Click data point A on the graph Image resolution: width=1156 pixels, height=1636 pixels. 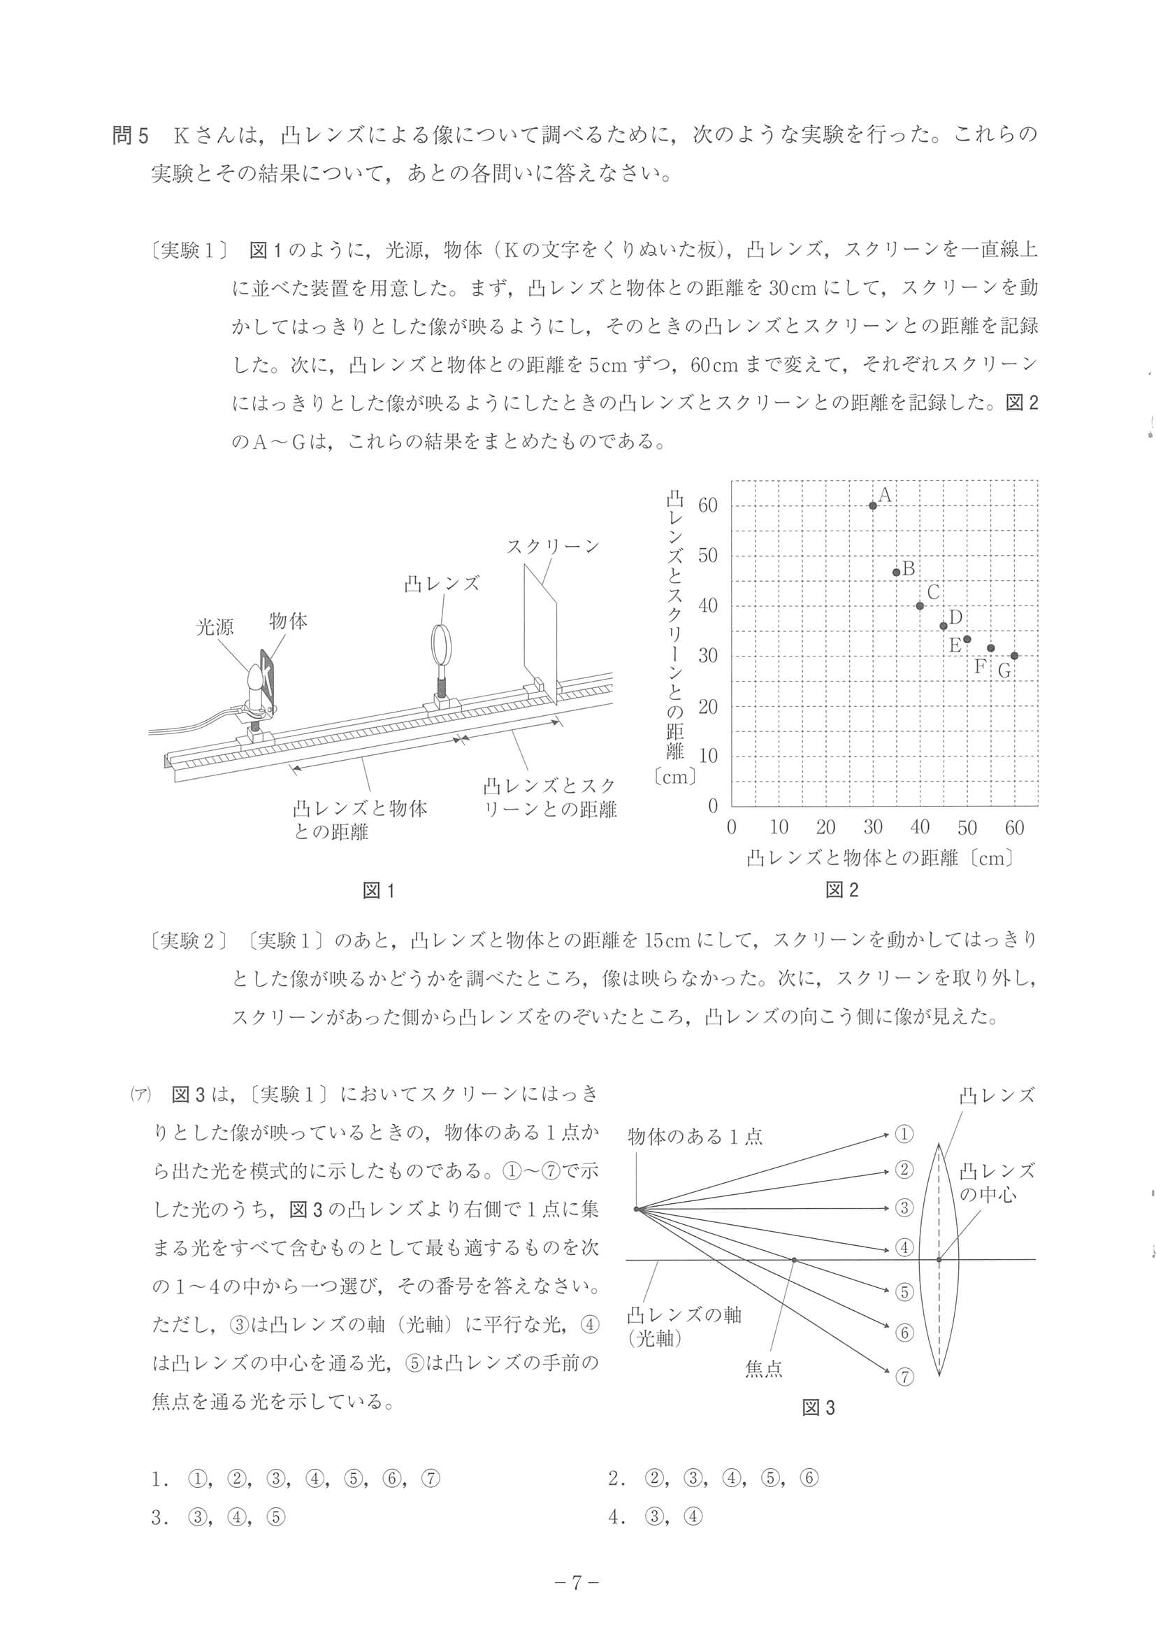pos(872,505)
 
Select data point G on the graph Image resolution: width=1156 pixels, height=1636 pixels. pos(1014,656)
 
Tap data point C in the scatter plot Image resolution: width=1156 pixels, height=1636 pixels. pos(920,605)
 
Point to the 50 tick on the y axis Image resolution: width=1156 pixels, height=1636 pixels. pos(708,556)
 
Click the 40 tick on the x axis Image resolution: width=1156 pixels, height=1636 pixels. pos(920,827)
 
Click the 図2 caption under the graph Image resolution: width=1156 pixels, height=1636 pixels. pos(842,890)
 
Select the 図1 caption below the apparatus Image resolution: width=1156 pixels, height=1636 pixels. pos(378,891)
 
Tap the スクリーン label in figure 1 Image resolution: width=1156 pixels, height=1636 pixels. pos(553,547)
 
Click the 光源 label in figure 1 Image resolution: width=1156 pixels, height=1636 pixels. pos(215,628)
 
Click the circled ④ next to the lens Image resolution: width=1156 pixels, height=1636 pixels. pos(903,1248)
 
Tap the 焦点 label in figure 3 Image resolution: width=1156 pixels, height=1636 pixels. pos(763,1369)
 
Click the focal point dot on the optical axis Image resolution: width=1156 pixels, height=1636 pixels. pos(793,1260)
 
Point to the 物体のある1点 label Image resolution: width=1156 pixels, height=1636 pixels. pos(695,1137)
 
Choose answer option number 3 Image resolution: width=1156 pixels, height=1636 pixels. pos(218,1518)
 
